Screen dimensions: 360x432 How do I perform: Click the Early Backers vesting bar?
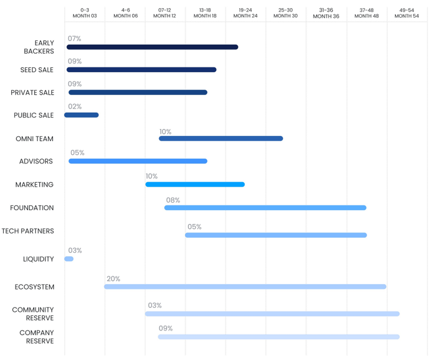(x=152, y=47)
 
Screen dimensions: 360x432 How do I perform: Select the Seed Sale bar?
(x=141, y=70)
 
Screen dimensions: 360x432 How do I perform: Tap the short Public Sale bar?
(x=81, y=115)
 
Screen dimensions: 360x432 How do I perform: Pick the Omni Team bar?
(x=221, y=138)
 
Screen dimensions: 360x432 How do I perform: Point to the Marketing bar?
(x=195, y=185)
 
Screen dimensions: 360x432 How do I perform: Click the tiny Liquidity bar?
(x=69, y=259)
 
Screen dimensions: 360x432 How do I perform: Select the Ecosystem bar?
(x=245, y=286)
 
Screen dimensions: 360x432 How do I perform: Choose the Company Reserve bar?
(x=279, y=337)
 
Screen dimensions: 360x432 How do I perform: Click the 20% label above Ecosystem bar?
(x=113, y=279)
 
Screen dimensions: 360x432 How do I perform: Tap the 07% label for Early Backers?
(x=75, y=39)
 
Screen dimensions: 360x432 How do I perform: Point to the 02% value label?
(x=75, y=107)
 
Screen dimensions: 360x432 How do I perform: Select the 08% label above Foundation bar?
(x=173, y=200)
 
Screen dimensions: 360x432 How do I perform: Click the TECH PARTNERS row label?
(x=28, y=231)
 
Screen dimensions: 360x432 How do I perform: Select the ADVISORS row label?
(x=36, y=161)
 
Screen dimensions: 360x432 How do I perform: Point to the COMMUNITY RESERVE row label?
(x=33, y=314)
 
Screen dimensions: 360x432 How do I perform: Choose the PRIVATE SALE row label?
(x=32, y=93)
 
